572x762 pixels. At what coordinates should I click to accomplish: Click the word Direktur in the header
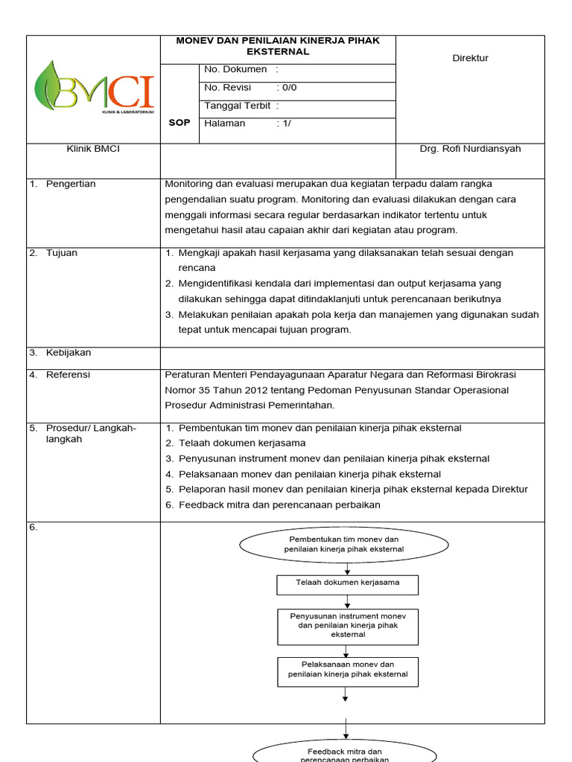470,58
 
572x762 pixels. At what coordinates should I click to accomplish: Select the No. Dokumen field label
235,69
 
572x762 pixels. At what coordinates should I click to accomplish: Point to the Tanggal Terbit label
238,106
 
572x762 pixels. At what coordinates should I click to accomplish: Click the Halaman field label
225,124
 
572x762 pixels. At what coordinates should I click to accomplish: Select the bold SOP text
179,123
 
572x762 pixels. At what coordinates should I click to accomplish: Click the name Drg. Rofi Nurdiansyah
470,149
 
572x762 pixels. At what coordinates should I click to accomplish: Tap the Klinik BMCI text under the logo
93,149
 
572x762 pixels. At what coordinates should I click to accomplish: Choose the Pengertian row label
71,184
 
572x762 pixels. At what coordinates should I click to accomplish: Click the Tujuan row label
61,253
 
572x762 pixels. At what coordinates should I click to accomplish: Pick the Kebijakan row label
68,353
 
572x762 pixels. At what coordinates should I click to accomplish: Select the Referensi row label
68,375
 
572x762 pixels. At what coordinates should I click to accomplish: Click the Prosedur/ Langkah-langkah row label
90,433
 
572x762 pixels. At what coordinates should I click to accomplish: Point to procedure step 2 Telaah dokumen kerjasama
236,444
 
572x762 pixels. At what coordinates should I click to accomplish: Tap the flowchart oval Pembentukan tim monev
344,544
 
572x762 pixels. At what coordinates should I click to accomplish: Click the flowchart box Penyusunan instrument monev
347,626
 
